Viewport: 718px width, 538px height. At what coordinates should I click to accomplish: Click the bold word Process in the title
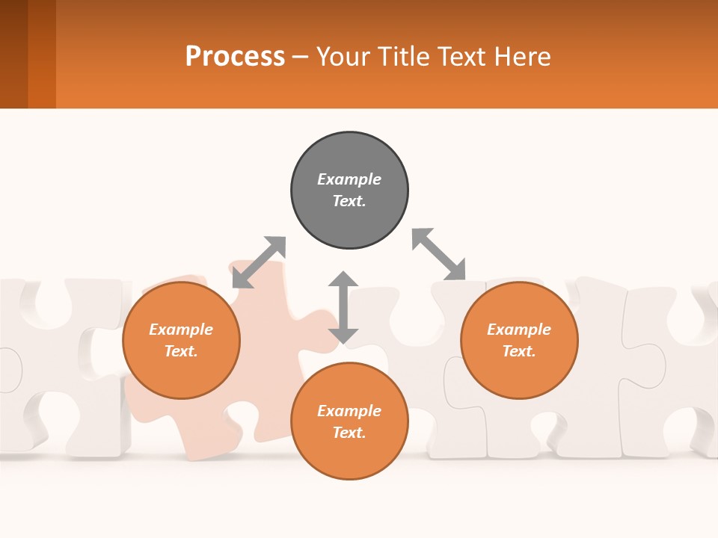235,57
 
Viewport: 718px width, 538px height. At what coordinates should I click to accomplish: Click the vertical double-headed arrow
343,307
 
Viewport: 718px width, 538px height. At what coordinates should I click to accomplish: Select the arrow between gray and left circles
259,262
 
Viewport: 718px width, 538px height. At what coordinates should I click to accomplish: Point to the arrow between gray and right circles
439,254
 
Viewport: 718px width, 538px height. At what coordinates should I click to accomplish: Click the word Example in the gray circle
349,179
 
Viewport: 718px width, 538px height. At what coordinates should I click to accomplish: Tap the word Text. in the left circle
181,351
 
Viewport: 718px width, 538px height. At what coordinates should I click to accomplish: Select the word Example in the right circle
519,330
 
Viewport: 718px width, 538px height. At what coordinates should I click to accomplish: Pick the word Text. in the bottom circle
349,433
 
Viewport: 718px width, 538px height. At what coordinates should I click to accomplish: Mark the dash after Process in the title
301,57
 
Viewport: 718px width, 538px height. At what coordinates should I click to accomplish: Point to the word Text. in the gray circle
349,201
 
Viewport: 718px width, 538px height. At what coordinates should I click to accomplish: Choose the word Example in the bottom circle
349,411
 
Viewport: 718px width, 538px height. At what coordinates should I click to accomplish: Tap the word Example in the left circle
181,330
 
